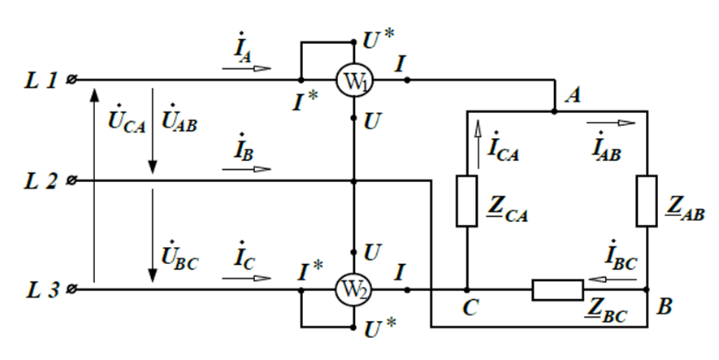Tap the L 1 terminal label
41,80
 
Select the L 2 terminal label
41,181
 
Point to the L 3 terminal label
41,290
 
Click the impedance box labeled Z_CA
467,201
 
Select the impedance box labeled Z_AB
647,201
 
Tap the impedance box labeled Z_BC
557,290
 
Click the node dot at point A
554,111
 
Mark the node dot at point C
467,290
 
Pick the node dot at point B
647,289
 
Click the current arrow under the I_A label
247,68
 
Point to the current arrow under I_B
247,169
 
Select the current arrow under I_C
247,279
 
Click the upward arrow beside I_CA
479,145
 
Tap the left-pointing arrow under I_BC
612,279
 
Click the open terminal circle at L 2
71,180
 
